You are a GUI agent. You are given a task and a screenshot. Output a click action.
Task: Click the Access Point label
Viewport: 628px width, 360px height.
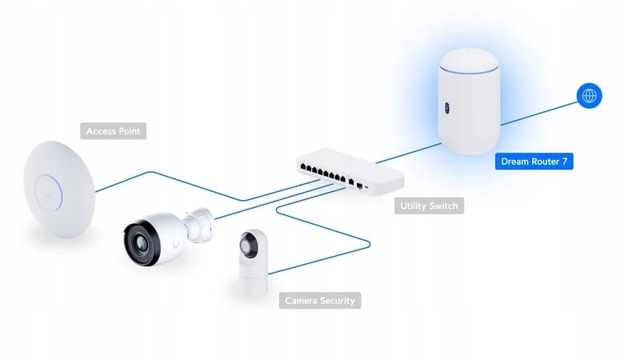coord(114,130)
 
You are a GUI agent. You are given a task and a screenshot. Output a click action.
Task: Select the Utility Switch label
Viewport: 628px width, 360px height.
coord(430,206)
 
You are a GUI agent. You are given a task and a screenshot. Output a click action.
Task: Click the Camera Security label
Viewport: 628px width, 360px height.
coord(320,301)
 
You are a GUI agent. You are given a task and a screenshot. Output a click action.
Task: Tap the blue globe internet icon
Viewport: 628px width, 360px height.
coord(590,96)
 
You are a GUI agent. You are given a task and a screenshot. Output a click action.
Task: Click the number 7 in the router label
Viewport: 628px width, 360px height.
coord(566,162)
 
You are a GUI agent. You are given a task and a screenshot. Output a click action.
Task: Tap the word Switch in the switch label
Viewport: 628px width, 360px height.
coord(444,206)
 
